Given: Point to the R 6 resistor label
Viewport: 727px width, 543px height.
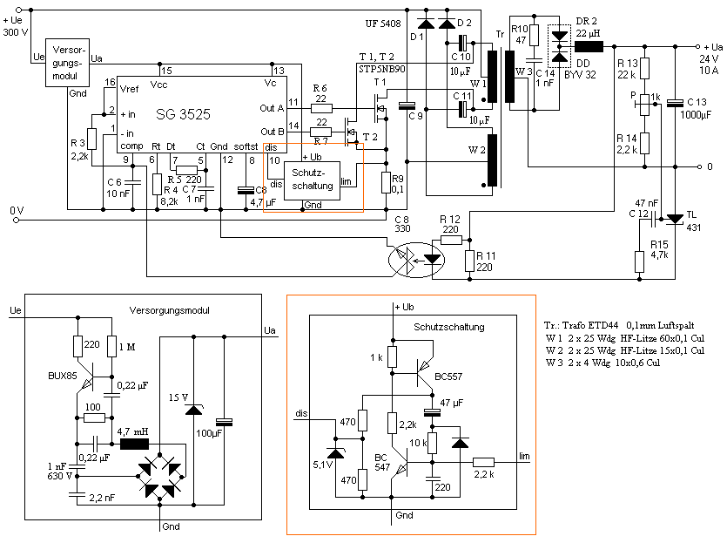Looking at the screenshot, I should pos(321,87).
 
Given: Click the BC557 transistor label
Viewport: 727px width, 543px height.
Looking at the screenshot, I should pos(449,377).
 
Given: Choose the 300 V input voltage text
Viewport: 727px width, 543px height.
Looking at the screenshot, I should pos(15,31).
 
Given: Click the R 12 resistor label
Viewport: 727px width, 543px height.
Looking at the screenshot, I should pos(449,219).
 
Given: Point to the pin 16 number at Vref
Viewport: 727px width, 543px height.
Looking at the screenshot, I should pos(110,82).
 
